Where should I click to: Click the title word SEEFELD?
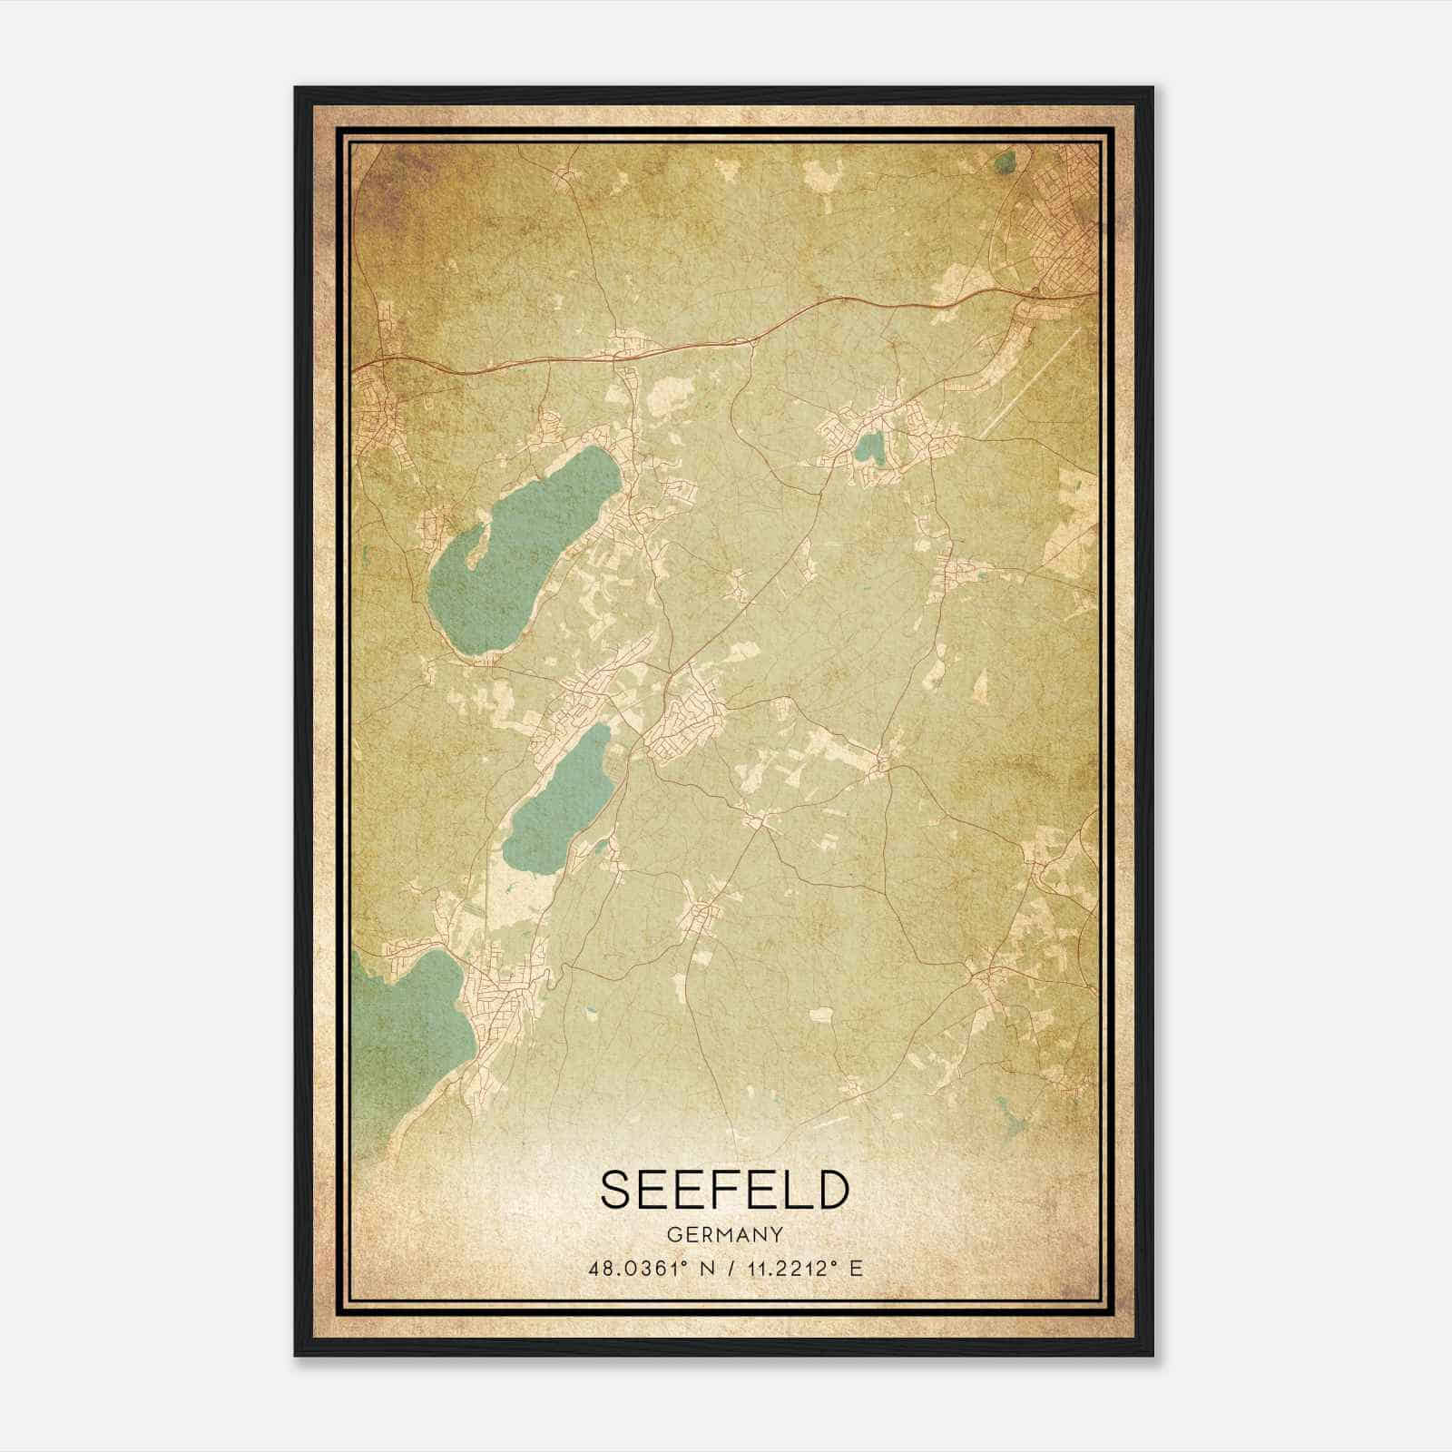click(x=724, y=1190)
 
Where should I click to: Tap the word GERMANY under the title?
click(x=724, y=1235)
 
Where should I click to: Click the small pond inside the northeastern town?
click(x=869, y=446)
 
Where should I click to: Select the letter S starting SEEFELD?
click(x=614, y=1190)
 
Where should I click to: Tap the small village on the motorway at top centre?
click(x=626, y=345)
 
